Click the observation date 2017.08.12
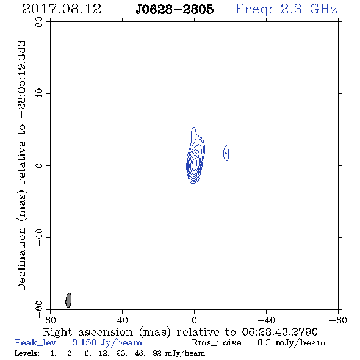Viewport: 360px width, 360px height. click(62, 9)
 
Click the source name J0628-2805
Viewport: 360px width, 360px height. click(175, 10)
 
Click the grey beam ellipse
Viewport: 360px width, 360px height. click(68, 300)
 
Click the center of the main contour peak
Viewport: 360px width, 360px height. click(195, 164)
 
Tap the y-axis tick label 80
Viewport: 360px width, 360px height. click(39, 22)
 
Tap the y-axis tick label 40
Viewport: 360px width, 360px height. click(39, 94)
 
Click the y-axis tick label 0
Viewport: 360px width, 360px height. click(39, 165)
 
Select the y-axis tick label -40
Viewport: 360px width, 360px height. click(39, 237)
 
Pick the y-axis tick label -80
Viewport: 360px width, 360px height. click(39, 309)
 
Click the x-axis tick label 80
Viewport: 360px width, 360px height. click(50, 320)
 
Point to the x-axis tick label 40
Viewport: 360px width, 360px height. click(122, 320)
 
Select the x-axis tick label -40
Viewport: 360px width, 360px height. click(266, 320)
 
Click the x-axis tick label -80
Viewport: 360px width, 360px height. click(338, 320)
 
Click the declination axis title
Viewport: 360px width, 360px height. click(22, 165)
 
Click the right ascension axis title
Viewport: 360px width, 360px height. click(180, 332)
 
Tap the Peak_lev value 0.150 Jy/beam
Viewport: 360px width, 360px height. click(107, 343)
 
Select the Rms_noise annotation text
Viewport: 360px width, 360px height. click(258, 343)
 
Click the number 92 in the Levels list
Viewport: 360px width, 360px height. click(157, 353)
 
